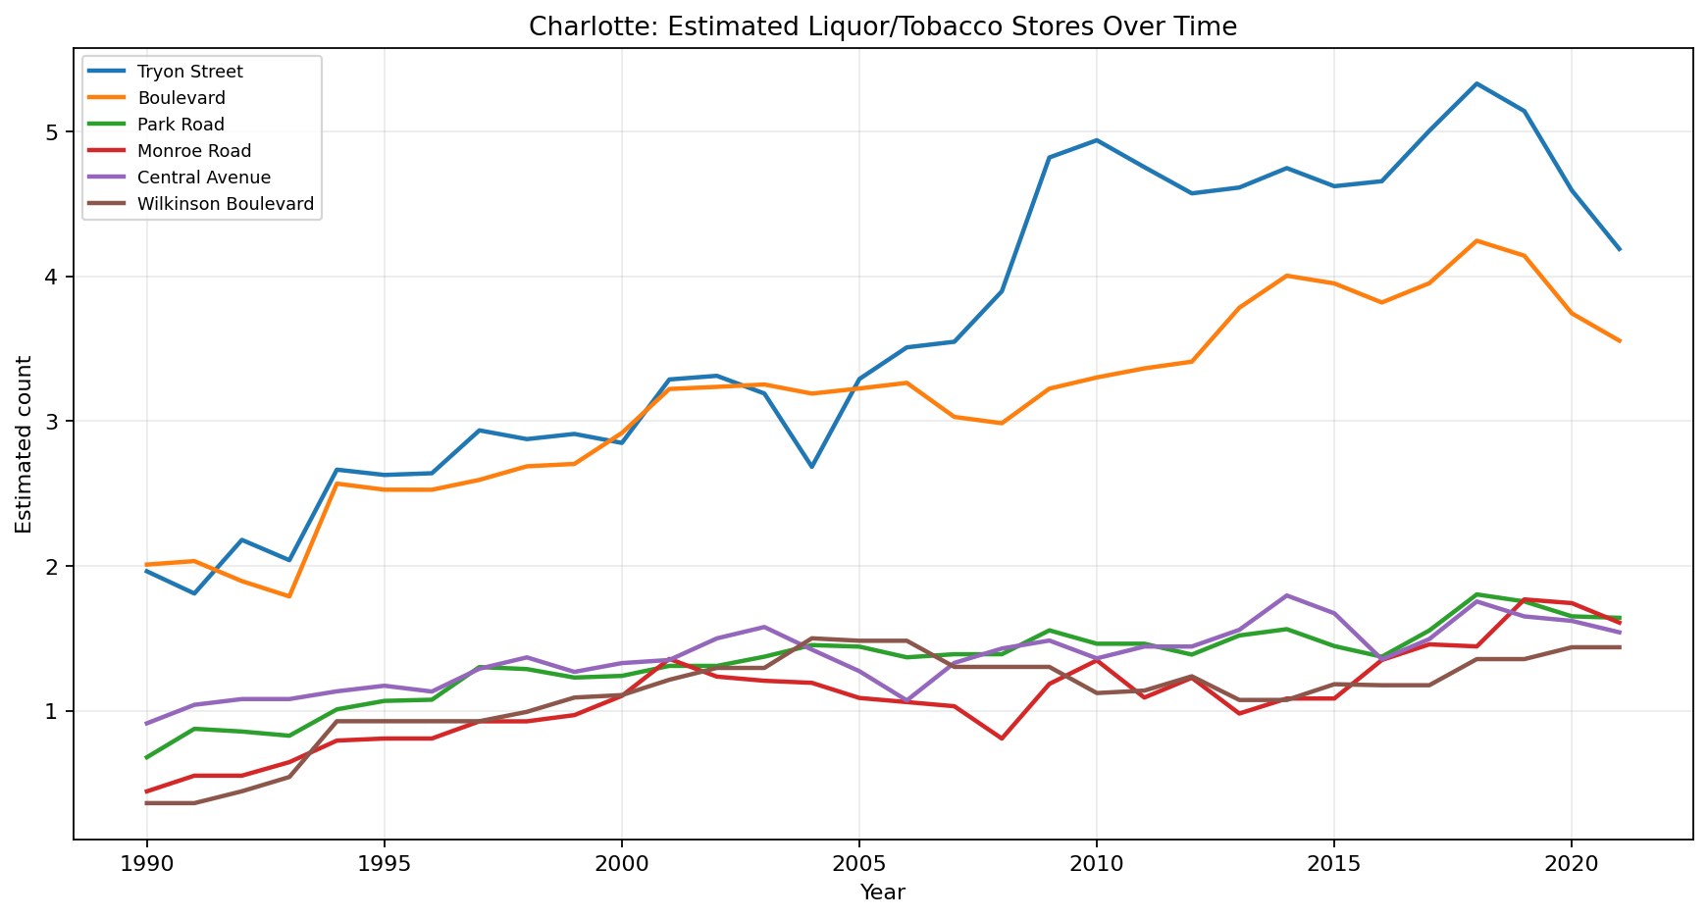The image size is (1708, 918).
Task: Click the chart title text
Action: coord(882,27)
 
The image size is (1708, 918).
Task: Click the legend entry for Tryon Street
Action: coord(189,72)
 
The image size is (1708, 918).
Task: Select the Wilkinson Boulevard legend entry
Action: coord(225,204)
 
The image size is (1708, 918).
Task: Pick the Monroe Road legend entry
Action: coord(193,151)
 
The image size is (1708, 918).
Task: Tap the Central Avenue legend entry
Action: coord(203,178)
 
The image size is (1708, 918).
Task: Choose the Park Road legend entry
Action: coord(181,125)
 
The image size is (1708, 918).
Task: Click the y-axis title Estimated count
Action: coord(25,444)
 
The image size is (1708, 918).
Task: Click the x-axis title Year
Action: coord(882,892)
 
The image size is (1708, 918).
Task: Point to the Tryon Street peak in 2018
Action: coord(1476,83)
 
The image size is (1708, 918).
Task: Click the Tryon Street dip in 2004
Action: coord(811,467)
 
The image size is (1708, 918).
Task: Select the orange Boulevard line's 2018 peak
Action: coord(1476,240)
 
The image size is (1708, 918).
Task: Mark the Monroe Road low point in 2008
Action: coord(1002,739)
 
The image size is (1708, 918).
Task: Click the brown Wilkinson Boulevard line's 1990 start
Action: coord(147,803)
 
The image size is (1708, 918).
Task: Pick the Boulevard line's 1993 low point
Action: coord(289,596)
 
